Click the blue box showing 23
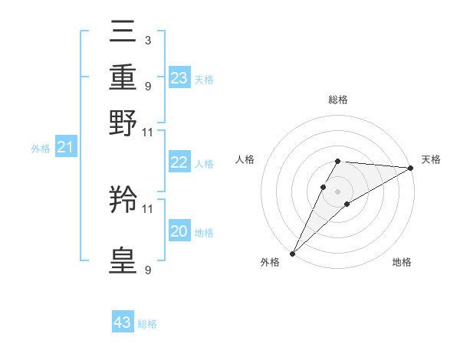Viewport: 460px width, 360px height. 179,78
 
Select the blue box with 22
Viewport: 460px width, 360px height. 179,162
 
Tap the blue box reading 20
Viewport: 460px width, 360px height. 179,231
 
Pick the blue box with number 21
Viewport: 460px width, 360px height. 65,147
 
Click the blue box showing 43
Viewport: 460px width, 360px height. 123,322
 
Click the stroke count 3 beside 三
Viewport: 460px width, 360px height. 147,39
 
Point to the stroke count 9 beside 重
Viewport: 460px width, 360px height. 147,85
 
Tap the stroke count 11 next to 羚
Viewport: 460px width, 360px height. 147,208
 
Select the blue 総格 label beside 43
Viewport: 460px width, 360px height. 147,324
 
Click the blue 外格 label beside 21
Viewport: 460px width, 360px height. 41,149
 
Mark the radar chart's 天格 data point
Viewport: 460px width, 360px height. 410,169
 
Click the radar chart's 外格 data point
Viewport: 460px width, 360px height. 292,253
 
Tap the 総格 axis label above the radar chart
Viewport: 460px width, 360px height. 337,100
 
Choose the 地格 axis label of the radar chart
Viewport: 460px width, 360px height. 402,263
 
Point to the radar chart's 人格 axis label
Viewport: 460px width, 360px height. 245,159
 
